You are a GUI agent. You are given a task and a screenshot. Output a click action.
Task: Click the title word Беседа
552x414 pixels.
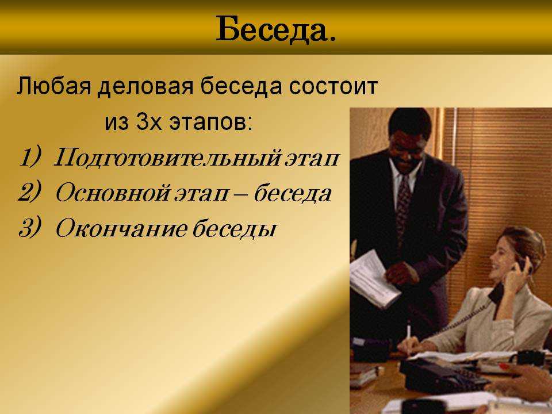click(275, 29)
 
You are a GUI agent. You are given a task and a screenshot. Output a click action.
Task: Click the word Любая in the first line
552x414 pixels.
click(53, 86)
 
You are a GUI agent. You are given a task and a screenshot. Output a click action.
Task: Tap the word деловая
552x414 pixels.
click(145, 87)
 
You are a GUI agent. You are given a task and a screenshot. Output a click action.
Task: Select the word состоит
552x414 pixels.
click(333, 87)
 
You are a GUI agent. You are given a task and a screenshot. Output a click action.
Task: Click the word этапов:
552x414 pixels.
click(211, 123)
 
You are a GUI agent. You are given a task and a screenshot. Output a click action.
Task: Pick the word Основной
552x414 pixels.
click(113, 193)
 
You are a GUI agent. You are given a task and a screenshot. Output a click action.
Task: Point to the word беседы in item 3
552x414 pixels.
click(234, 228)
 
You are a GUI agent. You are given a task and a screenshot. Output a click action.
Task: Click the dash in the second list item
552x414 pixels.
click(241, 194)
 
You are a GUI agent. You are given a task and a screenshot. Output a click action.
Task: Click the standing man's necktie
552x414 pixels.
click(404, 205)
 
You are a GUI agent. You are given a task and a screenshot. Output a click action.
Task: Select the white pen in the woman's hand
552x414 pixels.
click(409, 338)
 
